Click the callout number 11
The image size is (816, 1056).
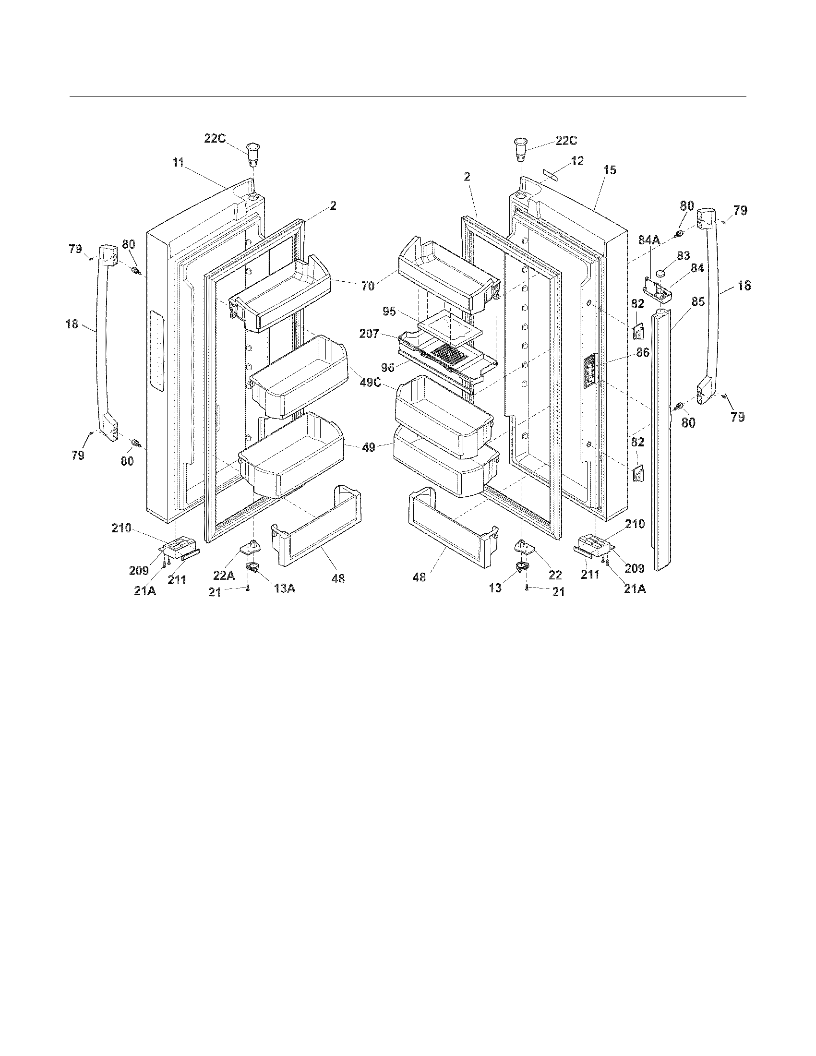pyautogui.click(x=178, y=163)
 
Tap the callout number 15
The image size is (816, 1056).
pyautogui.click(x=610, y=170)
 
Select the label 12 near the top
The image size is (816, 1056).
pyautogui.click(x=577, y=160)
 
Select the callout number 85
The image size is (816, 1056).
pyautogui.click(x=697, y=302)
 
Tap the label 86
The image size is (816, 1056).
pyautogui.click(x=642, y=353)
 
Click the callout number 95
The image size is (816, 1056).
pyautogui.click(x=389, y=312)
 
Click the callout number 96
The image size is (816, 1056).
pyautogui.click(x=388, y=368)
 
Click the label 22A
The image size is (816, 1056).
pyautogui.click(x=224, y=575)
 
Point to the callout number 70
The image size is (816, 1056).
pyautogui.click(x=368, y=286)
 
